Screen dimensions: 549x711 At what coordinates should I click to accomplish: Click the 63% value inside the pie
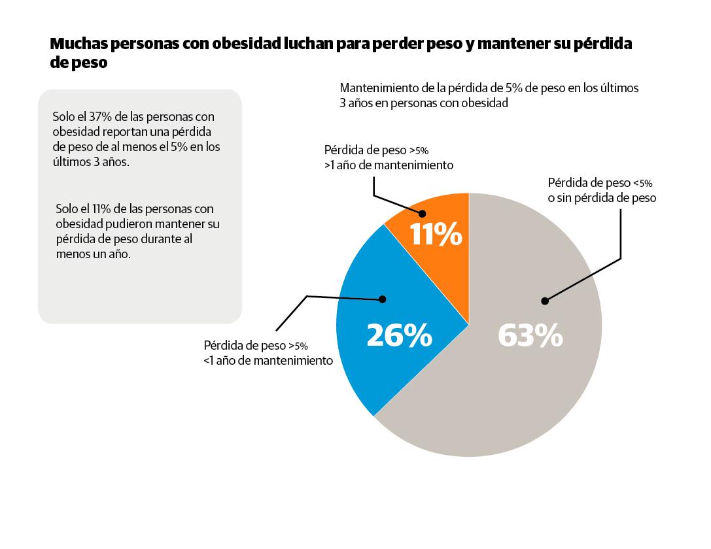click(530, 336)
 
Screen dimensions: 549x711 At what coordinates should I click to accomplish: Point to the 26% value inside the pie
click(399, 336)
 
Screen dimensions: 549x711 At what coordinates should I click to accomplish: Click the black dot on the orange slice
click(422, 213)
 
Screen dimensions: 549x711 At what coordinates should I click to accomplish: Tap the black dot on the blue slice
click(383, 299)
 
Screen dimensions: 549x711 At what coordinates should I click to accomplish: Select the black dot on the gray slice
click(544, 301)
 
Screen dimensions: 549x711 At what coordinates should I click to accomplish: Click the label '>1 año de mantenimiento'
click(389, 165)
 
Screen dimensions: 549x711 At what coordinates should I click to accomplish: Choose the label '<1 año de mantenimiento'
click(268, 360)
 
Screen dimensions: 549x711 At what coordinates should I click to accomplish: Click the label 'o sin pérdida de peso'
click(602, 198)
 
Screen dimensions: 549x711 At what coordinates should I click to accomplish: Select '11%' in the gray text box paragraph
click(105, 209)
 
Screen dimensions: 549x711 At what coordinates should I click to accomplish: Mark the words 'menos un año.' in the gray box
click(94, 254)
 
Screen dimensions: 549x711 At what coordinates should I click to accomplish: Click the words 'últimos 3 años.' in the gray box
click(91, 162)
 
